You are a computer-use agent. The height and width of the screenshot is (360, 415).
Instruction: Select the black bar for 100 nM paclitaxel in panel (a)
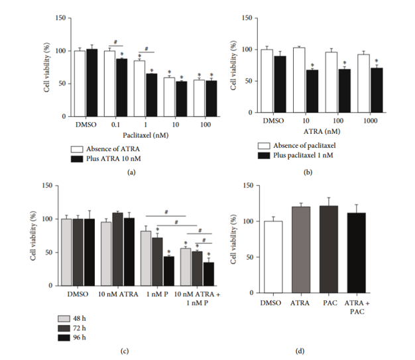[211, 99]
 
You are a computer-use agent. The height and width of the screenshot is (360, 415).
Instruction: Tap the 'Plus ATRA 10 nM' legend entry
[108, 160]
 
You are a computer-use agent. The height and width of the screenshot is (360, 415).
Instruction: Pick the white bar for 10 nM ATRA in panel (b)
[298, 80]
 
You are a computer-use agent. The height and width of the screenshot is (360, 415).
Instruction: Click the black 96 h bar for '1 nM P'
[169, 271]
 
